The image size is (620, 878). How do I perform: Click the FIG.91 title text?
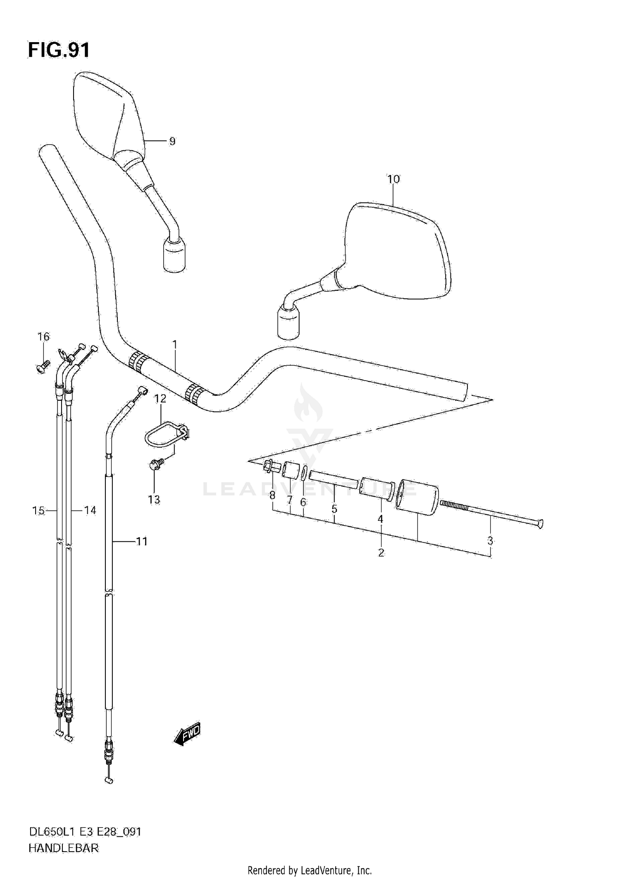pyautogui.click(x=59, y=50)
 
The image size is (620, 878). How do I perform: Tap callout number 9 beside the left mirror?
pyautogui.click(x=172, y=141)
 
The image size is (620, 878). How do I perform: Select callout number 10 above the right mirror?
pyautogui.click(x=393, y=179)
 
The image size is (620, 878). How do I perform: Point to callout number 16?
pyautogui.click(x=43, y=337)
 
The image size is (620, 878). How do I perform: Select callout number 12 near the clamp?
pyautogui.click(x=160, y=399)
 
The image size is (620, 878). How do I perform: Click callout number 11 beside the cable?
pyautogui.click(x=142, y=541)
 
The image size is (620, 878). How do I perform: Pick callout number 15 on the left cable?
pyautogui.click(x=38, y=511)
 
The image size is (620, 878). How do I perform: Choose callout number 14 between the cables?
pyautogui.click(x=90, y=511)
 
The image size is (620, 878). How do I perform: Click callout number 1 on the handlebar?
pyautogui.click(x=174, y=344)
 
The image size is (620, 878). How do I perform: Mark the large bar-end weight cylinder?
pyautogui.click(x=417, y=497)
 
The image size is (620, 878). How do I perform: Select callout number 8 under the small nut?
pyautogui.click(x=272, y=495)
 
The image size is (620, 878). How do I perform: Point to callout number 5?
pyautogui.click(x=334, y=509)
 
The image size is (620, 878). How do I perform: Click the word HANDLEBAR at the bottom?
pyautogui.click(x=64, y=848)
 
